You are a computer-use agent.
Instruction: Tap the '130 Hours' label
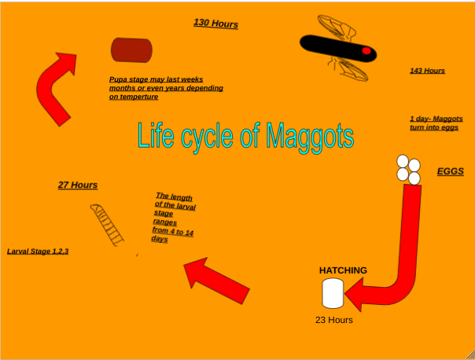point(215,24)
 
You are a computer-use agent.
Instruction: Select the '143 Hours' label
point(427,71)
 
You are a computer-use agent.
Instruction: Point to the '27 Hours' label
point(78,185)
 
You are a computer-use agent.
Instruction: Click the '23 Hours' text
point(333,320)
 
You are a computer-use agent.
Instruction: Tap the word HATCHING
point(343,270)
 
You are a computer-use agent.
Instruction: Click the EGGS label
point(451,171)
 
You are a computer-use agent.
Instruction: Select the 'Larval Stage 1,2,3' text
point(38,251)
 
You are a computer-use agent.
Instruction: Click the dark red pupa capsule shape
point(131,50)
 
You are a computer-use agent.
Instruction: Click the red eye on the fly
point(366,50)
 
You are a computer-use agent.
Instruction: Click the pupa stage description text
point(166,88)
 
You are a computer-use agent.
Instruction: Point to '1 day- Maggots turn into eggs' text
point(436,123)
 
